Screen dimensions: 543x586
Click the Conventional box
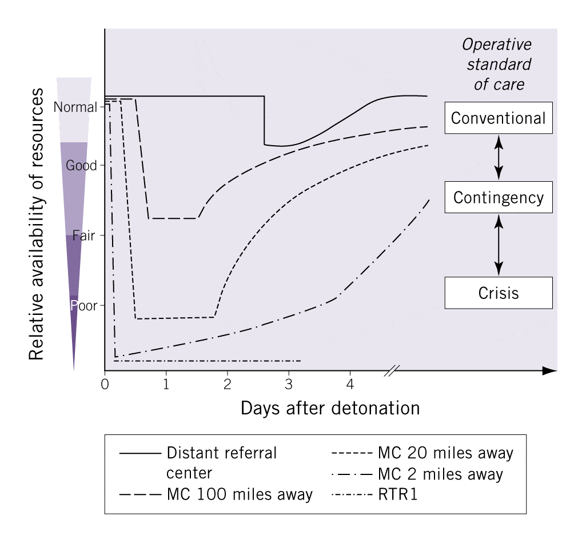click(498, 118)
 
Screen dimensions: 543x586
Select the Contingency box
click(498, 197)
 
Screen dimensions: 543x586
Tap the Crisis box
click(498, 293)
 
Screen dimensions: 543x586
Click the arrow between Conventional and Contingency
click(499, 157)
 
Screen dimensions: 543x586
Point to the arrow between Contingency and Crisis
click(499, 245)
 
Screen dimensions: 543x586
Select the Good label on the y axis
click(81, 166)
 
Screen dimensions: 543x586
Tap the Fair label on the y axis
click(83, 235)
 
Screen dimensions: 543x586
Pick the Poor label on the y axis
click(83, 305)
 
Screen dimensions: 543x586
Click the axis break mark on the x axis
click(392, 370)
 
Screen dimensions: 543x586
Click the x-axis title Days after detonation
click(330, 408)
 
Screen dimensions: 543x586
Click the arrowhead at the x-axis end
click(549, 370)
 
